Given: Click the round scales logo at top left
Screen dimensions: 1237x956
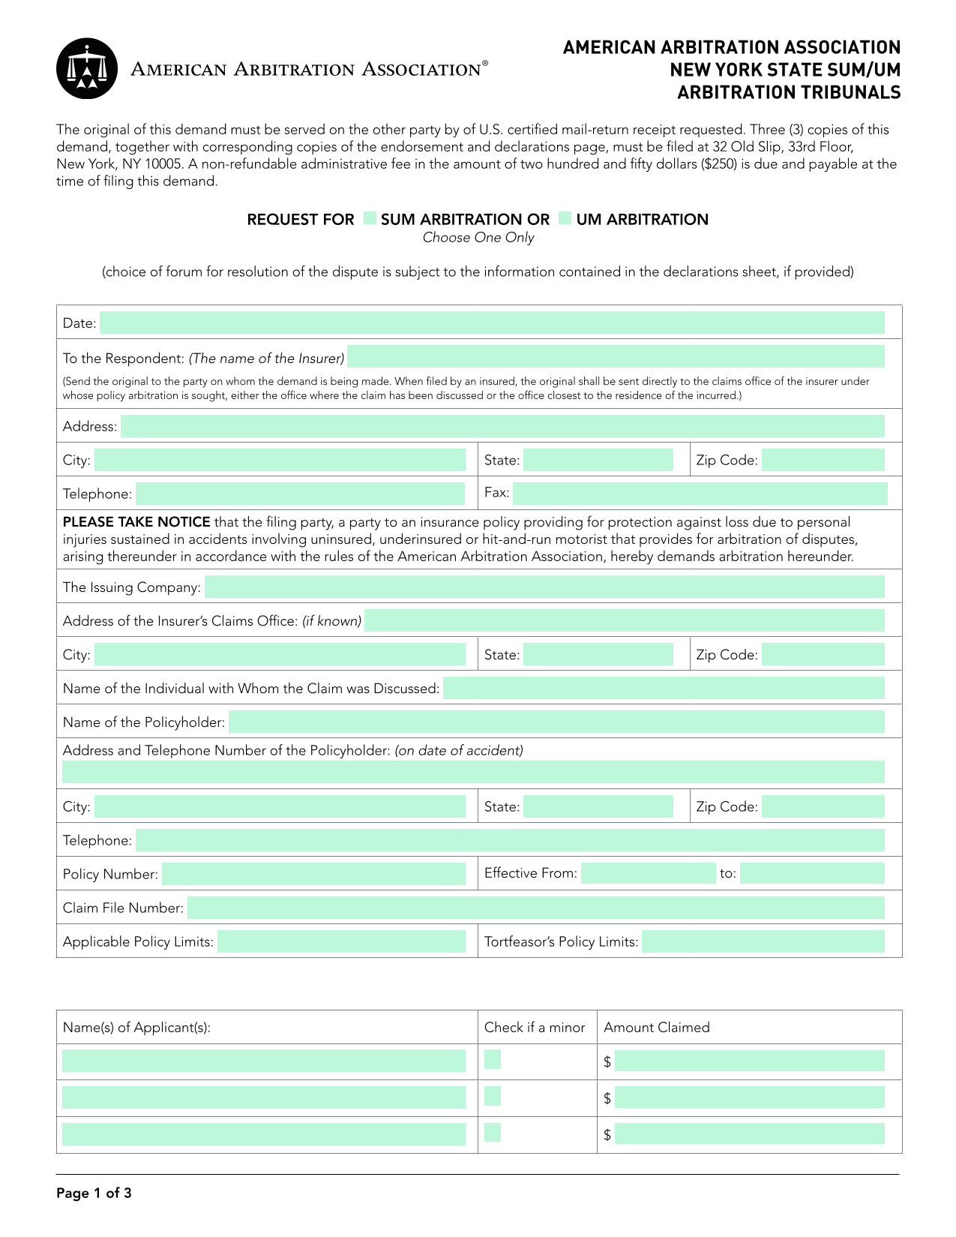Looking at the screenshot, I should coord(87,69).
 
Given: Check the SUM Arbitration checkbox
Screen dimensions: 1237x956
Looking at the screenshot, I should coord(370,218).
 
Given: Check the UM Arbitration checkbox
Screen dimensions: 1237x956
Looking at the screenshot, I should coord(565,218).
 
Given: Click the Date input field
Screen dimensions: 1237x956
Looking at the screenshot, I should coord(491,323).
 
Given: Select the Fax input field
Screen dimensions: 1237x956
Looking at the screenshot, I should coord(700,494).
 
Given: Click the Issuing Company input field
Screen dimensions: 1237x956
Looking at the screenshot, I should coord(544,587).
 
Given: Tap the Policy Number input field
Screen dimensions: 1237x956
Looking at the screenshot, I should coord(313,874).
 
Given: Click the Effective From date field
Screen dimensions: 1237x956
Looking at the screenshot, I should coord(648,873).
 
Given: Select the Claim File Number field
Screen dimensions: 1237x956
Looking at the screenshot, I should coord(535,908).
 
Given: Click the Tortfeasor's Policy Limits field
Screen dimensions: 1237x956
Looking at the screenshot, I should coord(763,941).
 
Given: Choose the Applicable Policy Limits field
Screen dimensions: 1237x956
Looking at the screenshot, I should coord(341,941).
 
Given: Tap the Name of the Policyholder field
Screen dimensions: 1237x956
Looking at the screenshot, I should coord(556,722).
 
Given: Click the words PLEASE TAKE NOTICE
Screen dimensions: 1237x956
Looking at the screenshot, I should coord(136,522).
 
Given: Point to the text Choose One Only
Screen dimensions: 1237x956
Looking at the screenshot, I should coord(478,238).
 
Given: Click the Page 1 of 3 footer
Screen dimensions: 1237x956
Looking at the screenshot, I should coord(94,1193).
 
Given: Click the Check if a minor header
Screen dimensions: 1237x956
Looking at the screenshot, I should coord(535,1028).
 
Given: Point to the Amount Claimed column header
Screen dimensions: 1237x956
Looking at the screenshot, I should coord(656,1028).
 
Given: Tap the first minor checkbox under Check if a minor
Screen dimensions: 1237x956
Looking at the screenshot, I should coord(493,1060).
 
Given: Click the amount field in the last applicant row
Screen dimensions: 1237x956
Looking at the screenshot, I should coord(749,1133).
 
